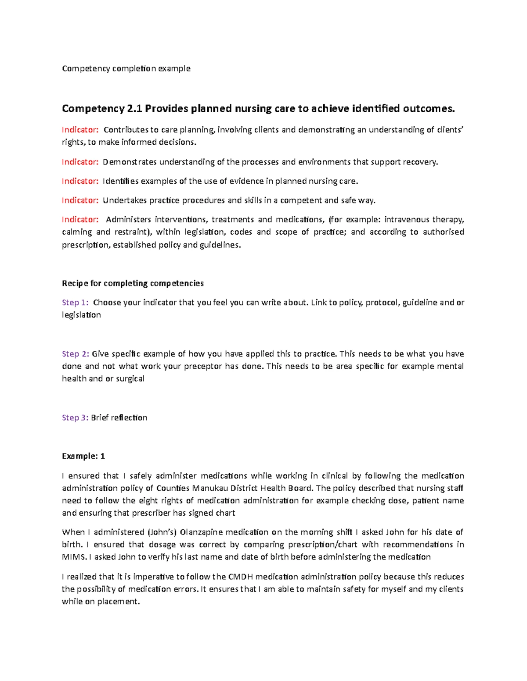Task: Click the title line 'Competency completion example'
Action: pyautogui.click(x=126, y=68)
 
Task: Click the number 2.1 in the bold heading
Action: pyautogui.click(x=134, y=108)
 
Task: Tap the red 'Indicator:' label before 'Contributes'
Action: pyautogui.click(x=80, y=130)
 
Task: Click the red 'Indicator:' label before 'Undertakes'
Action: pyautogui.click(x=80, y=200)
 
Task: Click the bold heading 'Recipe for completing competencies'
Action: pyautogui.click(x=133, y=283)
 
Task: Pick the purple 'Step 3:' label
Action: pyautogui.click(x=75, y=417)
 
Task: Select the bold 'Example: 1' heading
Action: pyautogui.click(x=83, y=456)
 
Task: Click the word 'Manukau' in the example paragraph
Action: pyautogui.click(x=208, y=488)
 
